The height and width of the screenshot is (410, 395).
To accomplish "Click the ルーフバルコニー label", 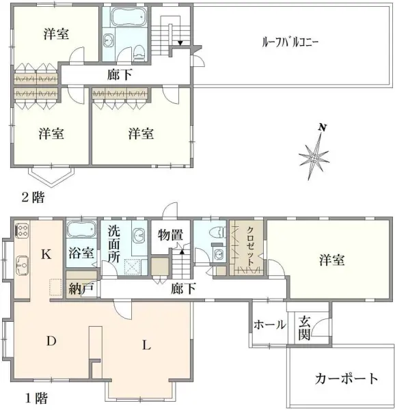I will (291, 41).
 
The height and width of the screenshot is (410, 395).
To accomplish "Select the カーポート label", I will (346, 377).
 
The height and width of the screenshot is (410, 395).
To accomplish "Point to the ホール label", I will (269, 325).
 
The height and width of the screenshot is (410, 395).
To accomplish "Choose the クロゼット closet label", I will (250, 246).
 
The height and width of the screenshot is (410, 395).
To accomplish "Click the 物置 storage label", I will (169, 234).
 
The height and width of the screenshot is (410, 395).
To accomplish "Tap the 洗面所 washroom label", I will (113, 245).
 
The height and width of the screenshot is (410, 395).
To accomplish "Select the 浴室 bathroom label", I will (81, 252).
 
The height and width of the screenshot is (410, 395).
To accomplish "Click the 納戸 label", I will (81, 288).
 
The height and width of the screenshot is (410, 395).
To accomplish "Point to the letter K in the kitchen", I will (46, 255).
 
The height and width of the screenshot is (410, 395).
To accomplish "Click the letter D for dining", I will (51, 340).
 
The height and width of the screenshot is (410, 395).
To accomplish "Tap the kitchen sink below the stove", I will (21, 261).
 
